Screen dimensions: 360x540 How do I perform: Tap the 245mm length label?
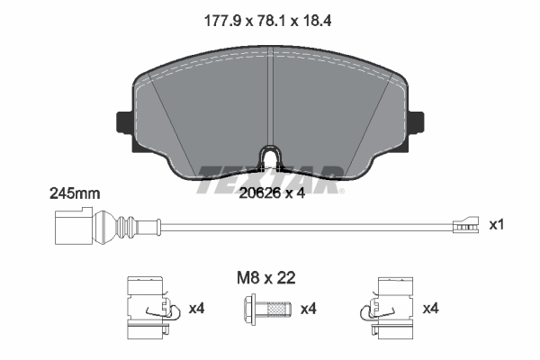pyautogui.click(x=75, y=193)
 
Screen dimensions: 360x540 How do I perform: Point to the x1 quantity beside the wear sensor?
pyautogui.click(x=495, y=224)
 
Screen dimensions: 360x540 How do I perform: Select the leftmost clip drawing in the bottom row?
pyautogui.click(x=147, y=309)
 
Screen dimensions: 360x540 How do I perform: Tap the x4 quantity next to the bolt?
pyautogui.click(x=309, y=310)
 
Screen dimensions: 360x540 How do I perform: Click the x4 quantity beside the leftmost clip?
pyautogui.click(x=197, y=310)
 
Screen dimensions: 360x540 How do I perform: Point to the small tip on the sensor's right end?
pyautogui.click(x=463, y=225)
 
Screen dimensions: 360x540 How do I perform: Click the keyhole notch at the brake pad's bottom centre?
pyautogui.click(x=270, y=158)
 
